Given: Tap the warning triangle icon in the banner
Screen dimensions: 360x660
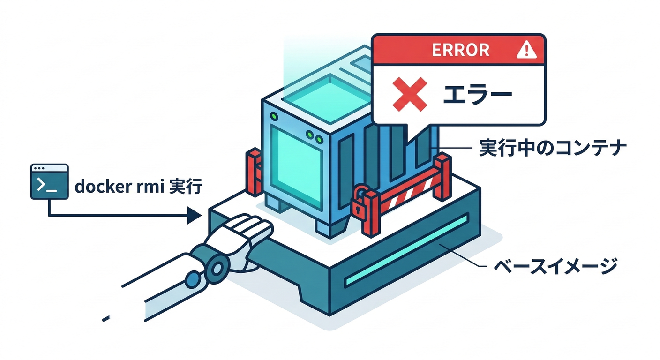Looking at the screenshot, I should [526, 50].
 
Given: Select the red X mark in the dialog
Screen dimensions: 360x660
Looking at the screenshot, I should [409, 94].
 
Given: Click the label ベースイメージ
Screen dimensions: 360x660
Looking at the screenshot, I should [555, 267].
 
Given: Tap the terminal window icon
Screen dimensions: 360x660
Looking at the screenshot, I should [49, 181].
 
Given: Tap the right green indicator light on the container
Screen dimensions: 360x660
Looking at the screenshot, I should [320, 139].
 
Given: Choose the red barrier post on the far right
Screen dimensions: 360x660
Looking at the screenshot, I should [442, 176].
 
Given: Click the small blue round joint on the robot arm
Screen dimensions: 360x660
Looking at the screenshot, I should [192, 280].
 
